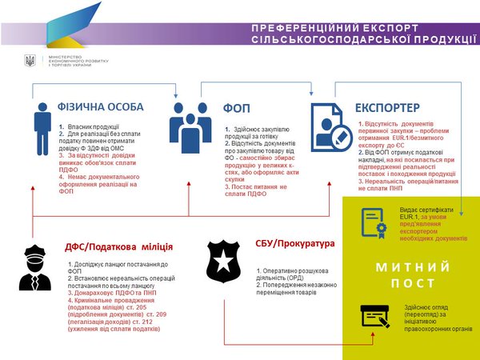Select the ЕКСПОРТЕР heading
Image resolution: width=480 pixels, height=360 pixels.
tap(386, 106)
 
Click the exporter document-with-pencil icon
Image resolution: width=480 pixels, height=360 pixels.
tap(328, 126)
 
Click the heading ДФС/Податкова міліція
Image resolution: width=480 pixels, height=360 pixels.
tap(118, 246)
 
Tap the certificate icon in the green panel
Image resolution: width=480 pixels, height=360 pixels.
tap(373, 220)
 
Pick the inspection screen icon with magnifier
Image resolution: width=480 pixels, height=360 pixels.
tap(374, 318)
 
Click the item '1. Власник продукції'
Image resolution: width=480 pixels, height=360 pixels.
tap(90, 126)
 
